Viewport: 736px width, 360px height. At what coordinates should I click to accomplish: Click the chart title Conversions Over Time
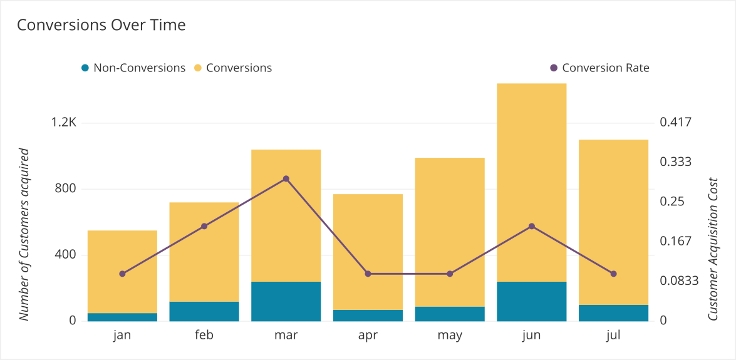(101, 25)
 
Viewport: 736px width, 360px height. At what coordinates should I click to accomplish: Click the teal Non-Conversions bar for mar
(286, 301)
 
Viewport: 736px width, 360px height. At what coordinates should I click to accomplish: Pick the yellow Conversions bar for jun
(531, 182)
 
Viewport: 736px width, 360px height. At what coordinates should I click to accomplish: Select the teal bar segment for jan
(122, 317)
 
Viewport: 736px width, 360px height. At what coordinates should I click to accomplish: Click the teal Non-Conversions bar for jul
(613, 313)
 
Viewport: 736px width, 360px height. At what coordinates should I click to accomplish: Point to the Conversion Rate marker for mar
(286, 178)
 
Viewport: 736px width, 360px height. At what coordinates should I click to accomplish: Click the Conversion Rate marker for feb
(204, 226)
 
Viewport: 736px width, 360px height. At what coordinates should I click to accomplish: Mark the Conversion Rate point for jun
(531, 226)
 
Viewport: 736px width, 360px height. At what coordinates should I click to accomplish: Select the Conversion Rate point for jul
(613, 274)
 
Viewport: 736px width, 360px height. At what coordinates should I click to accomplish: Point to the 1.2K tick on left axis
(64, 123)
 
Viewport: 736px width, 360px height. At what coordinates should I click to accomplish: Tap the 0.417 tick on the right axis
(675, 122)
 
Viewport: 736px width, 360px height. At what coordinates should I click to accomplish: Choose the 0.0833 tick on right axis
(679, 281)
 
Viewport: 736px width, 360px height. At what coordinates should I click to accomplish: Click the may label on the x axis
(450, 336)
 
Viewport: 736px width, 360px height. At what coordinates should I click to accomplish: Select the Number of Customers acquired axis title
(24, 234)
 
